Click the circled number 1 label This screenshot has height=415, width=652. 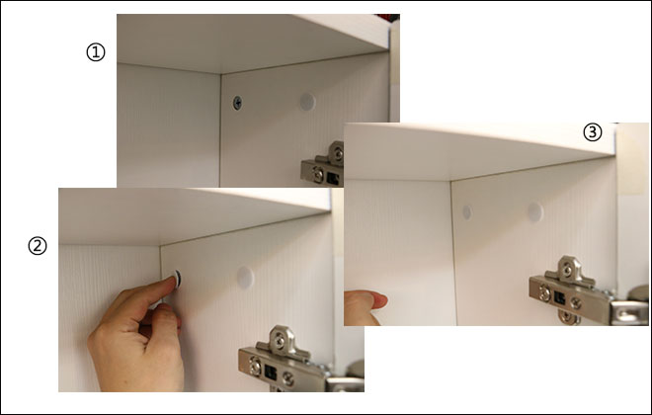click(x=96, y=52)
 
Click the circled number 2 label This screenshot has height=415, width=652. click(x=38, y=246)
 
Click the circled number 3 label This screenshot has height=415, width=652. click(x=593, y=132)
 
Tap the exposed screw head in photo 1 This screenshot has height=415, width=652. click(x=237, y=103)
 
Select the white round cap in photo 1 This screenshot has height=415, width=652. click(x=307, y=102)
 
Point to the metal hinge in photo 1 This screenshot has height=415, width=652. click(x=323, y=164)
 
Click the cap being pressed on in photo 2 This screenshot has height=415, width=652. click(x=178, y=279)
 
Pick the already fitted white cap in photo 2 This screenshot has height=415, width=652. click(x=245, y=278)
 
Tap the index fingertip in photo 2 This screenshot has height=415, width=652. click(x=171, y=281)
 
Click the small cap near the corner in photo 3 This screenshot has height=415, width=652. click(x=467, y=212)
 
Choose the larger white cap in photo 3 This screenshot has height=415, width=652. click(x=535, y=212)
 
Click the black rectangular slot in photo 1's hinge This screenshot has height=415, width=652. click(x=333, y=178)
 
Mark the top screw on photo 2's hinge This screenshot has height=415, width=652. click(x=281, y=341)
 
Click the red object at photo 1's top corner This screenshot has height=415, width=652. click(x=388, y=18)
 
